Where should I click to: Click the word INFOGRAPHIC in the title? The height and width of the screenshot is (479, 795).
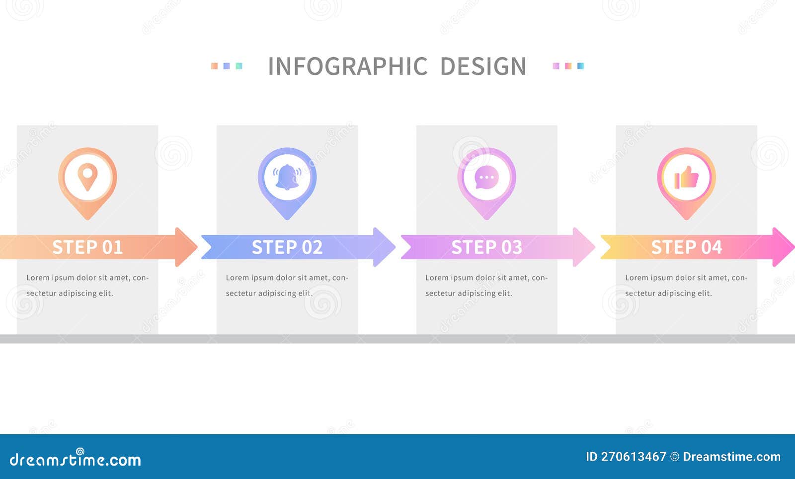(x=347, y=66)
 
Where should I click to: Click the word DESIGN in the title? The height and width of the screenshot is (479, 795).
(x=483, y=66)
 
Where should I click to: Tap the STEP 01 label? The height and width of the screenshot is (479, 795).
(x=87, y=247)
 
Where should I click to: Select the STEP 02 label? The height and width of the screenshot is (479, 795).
(x=287, y=247)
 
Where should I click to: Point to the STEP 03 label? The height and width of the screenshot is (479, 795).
(x=486, y=247)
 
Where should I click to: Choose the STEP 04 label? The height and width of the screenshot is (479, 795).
(x=686, y=247)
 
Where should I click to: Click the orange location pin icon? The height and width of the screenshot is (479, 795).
(x=87, y=177)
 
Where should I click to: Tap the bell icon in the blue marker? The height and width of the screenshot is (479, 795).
(x=287, y=177)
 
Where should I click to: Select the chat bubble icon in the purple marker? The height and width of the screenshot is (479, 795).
(x=486, y=178)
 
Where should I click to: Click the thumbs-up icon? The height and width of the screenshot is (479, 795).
(x=686, y=177)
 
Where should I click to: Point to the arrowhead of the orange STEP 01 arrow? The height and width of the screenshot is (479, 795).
(x=186, y=247)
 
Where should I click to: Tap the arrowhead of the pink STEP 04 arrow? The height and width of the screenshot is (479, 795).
(x=784, y=247)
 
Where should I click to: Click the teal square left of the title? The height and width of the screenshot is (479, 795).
(x=239, y=66)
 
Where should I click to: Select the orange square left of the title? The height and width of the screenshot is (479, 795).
(x=214, y=66)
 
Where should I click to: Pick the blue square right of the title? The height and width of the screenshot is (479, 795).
(x=580, y=66)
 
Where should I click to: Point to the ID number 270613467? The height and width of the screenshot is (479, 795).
(x=633, y=457)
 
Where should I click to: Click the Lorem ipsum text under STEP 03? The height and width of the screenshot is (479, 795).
(x=486, y=285)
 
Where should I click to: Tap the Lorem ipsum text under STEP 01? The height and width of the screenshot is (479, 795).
(x=87, y=285)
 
